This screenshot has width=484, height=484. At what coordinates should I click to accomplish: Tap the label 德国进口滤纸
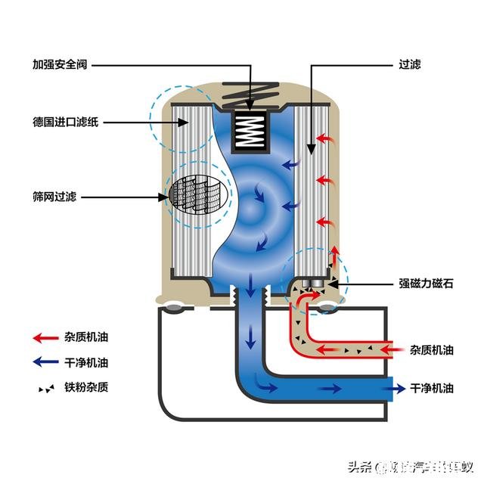(x=66, y=122)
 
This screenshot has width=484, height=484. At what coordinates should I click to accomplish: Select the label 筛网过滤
(x=56, y=197)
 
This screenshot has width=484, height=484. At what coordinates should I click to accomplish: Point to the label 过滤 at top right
(x=409, y=64)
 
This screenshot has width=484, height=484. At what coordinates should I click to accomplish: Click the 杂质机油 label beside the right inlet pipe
(x=432, y=350)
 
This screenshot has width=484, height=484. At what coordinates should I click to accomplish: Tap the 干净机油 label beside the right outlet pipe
(x=432, y=388)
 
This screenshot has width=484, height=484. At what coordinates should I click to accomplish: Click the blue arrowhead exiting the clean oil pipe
(x=394, y=388)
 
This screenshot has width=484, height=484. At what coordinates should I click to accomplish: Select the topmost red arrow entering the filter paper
(x=324, y=139)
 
